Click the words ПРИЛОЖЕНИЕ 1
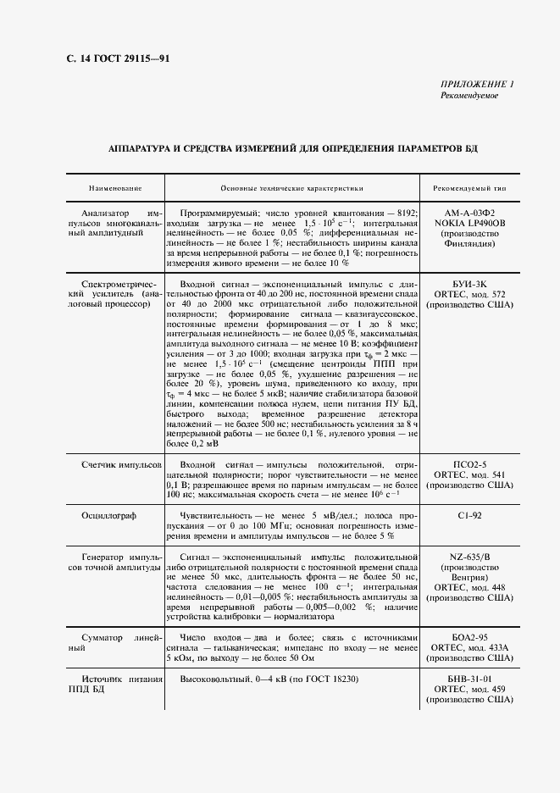tap(477, 83)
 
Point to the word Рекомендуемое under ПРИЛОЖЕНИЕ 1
tap(469, 95)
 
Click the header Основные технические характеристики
tap(291, 187)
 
